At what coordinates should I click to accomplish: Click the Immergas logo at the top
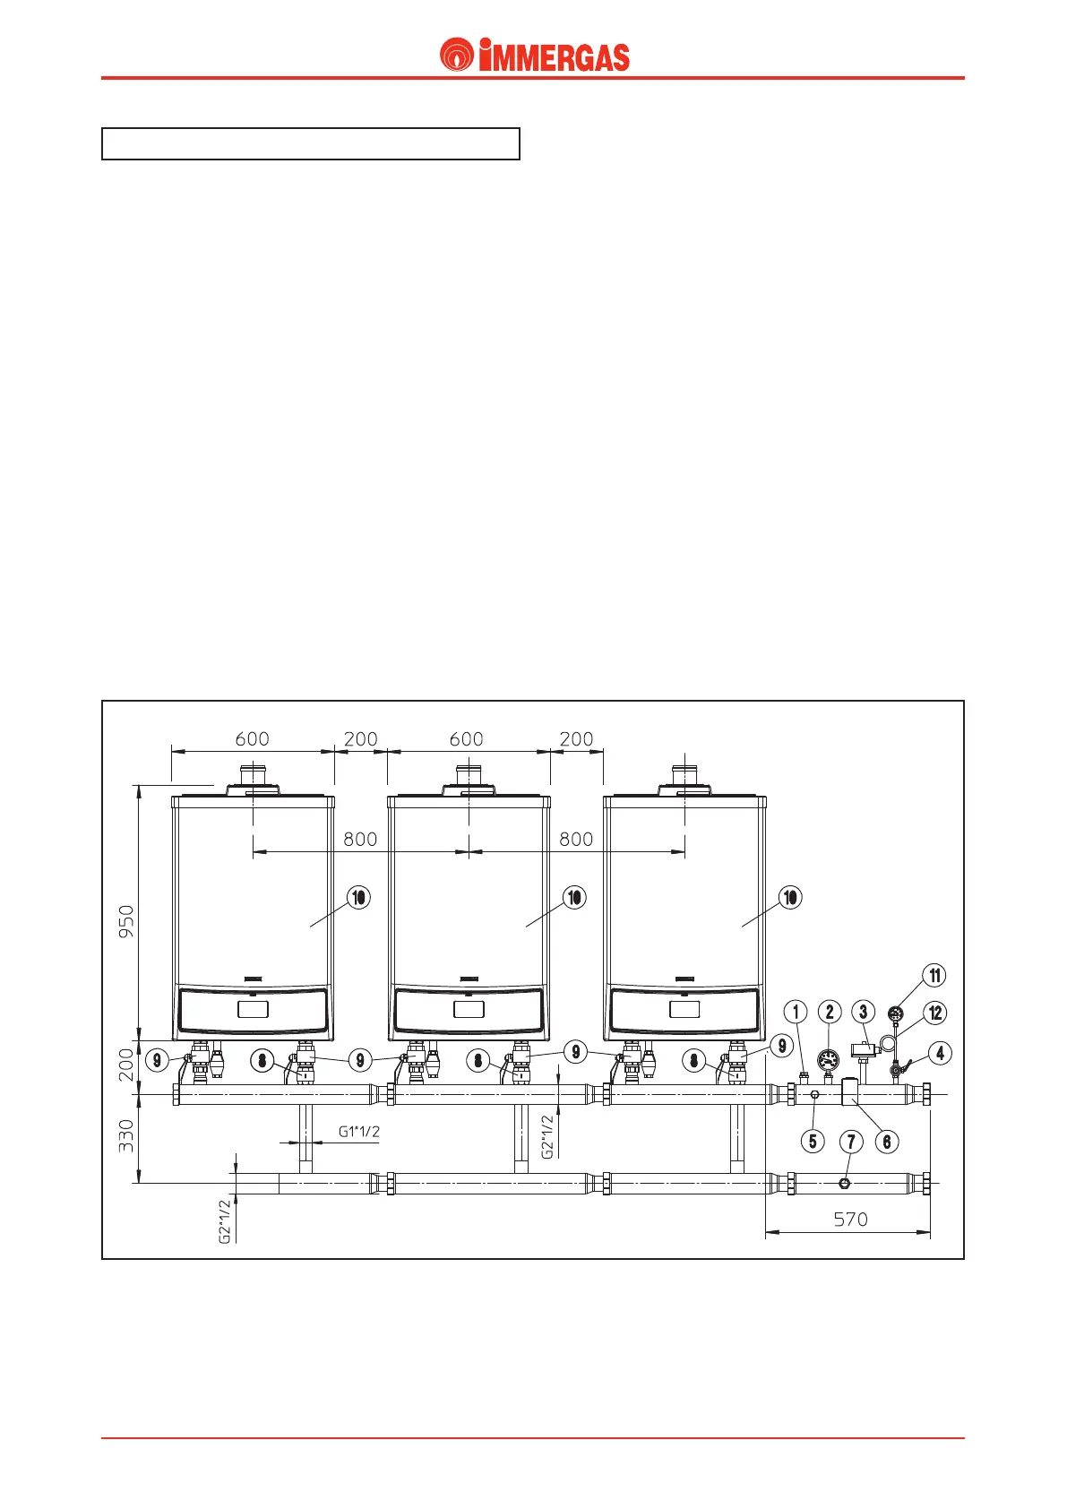(535, 56)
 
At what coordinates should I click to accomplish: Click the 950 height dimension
(126, 921)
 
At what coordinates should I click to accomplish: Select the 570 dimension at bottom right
(850, 1220)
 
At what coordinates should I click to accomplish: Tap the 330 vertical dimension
(126, 1135)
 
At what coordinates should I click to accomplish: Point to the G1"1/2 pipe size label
(358, 1132)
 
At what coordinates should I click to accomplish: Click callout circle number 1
(796, 1013)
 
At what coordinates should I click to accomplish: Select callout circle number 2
(830, 1013)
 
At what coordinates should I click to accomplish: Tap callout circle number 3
(863, 1013)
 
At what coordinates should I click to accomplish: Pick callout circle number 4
(940, 1053)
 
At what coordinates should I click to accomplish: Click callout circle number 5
(813, 1142)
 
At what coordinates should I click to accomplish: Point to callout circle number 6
(887, 1142)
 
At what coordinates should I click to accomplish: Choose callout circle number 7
(851, 1142)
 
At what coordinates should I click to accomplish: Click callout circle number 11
(934, 976)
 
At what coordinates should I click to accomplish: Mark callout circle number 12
(935, 1013)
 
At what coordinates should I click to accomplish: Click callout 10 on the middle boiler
(574, 897)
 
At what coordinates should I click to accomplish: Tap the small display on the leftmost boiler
(253, 1010)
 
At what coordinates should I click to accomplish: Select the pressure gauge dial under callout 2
(828, 1057)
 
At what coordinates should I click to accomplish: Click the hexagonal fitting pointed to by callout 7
(845, 1184)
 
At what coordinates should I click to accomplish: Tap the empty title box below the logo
(311, 143)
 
